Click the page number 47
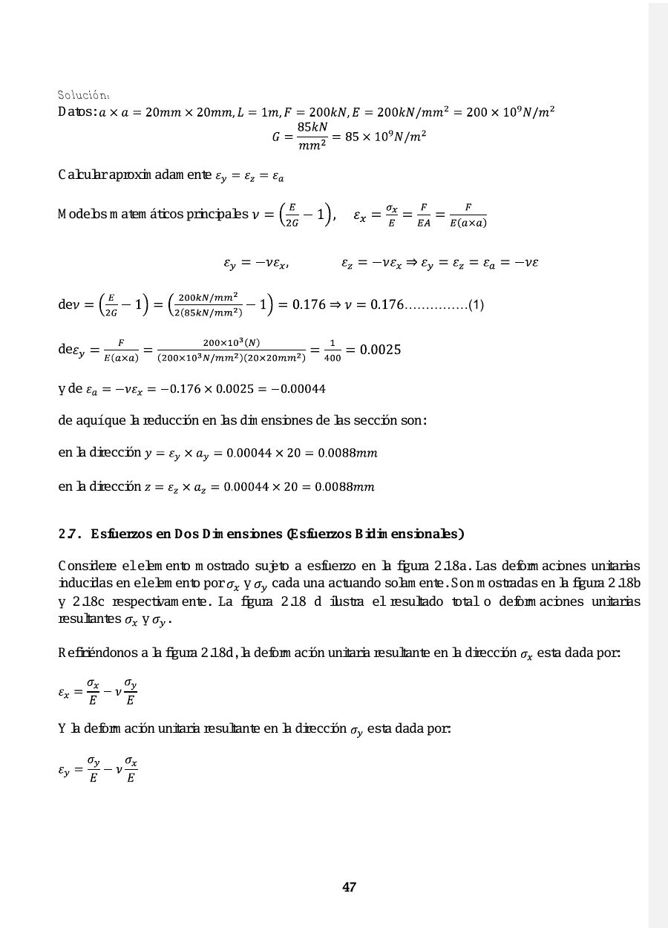pyautogui.click(x=349, y=887)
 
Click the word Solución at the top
pyautogui.click(x=84, y=95)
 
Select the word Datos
pyautogui.click(x=76, y=112)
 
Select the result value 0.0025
pyautogui.click(x=381, y=350)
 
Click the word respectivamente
pyautogui.click(x=149, y=601)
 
